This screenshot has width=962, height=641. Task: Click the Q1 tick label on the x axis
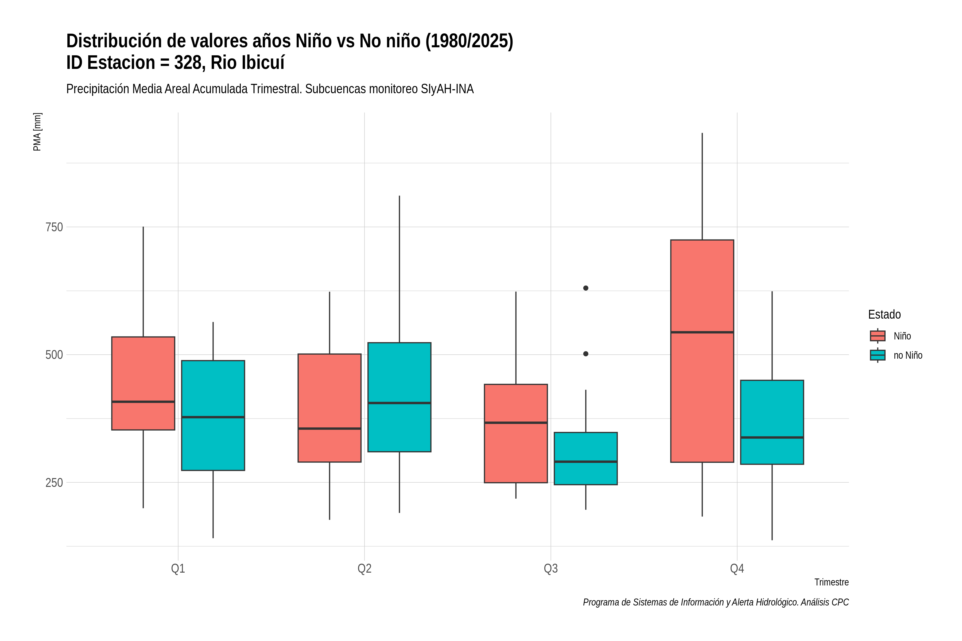(178, 569)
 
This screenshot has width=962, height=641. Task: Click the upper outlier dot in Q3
(586, 288)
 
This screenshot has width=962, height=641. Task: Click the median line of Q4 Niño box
(702, 332)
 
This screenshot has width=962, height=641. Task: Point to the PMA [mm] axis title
(37, 132)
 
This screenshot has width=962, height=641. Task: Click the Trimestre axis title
(832, 582)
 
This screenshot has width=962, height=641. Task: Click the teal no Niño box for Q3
(586, 458)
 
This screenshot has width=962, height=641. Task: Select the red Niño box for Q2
(330, 408)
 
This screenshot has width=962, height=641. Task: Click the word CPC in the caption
(840, 602)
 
